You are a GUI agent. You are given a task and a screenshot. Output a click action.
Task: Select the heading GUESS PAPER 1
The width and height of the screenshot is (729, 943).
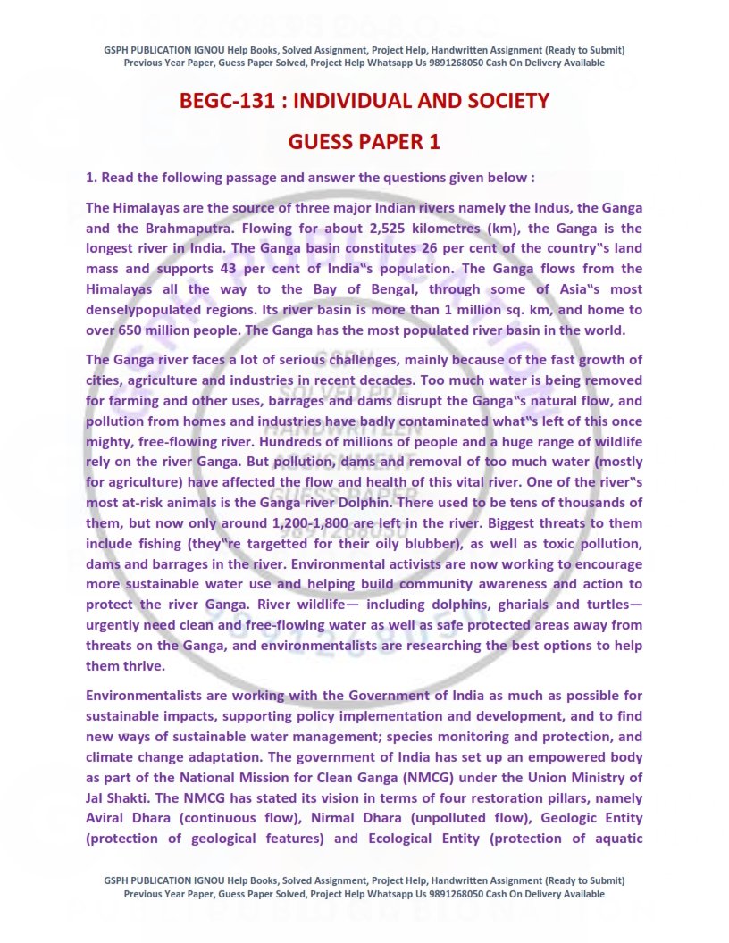click(x=364, y=142)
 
